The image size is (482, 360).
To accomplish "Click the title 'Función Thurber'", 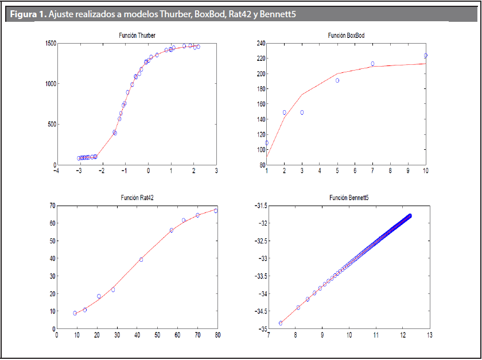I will (136, 36).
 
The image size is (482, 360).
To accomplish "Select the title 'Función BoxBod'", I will (346, 36).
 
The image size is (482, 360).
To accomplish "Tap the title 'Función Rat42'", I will (137, 198).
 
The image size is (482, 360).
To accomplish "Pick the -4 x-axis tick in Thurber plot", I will (56, 171).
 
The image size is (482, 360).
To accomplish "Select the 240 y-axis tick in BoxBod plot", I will (260, 44).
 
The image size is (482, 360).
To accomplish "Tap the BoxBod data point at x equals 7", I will (372, 64).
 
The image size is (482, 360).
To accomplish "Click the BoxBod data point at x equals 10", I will (425, 56).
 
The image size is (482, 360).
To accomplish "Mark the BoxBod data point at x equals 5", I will (337, 80).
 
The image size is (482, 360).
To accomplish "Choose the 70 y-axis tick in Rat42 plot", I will (51, 206).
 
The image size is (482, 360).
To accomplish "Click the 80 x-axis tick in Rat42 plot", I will (217, 335).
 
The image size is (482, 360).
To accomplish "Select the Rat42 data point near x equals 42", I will (141, 260).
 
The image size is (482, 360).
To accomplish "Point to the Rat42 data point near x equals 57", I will (171, 230).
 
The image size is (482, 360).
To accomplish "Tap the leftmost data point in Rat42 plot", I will (75, 313).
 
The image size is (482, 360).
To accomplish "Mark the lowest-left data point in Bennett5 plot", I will (281, 323).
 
